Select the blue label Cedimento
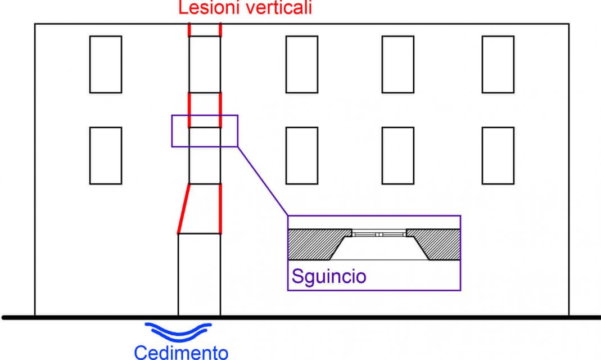tap(180, 352)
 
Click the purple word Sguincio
tap(328, 276)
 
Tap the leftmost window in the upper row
tap(106, 64)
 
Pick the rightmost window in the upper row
tap(498, 64)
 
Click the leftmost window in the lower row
tap(106, 155)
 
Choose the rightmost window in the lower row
tap(498, 155)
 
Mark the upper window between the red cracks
tap(205, 64)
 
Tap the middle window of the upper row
tap(301, 64)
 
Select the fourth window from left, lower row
tap(397, 155)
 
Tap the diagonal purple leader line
tap(262, 181)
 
